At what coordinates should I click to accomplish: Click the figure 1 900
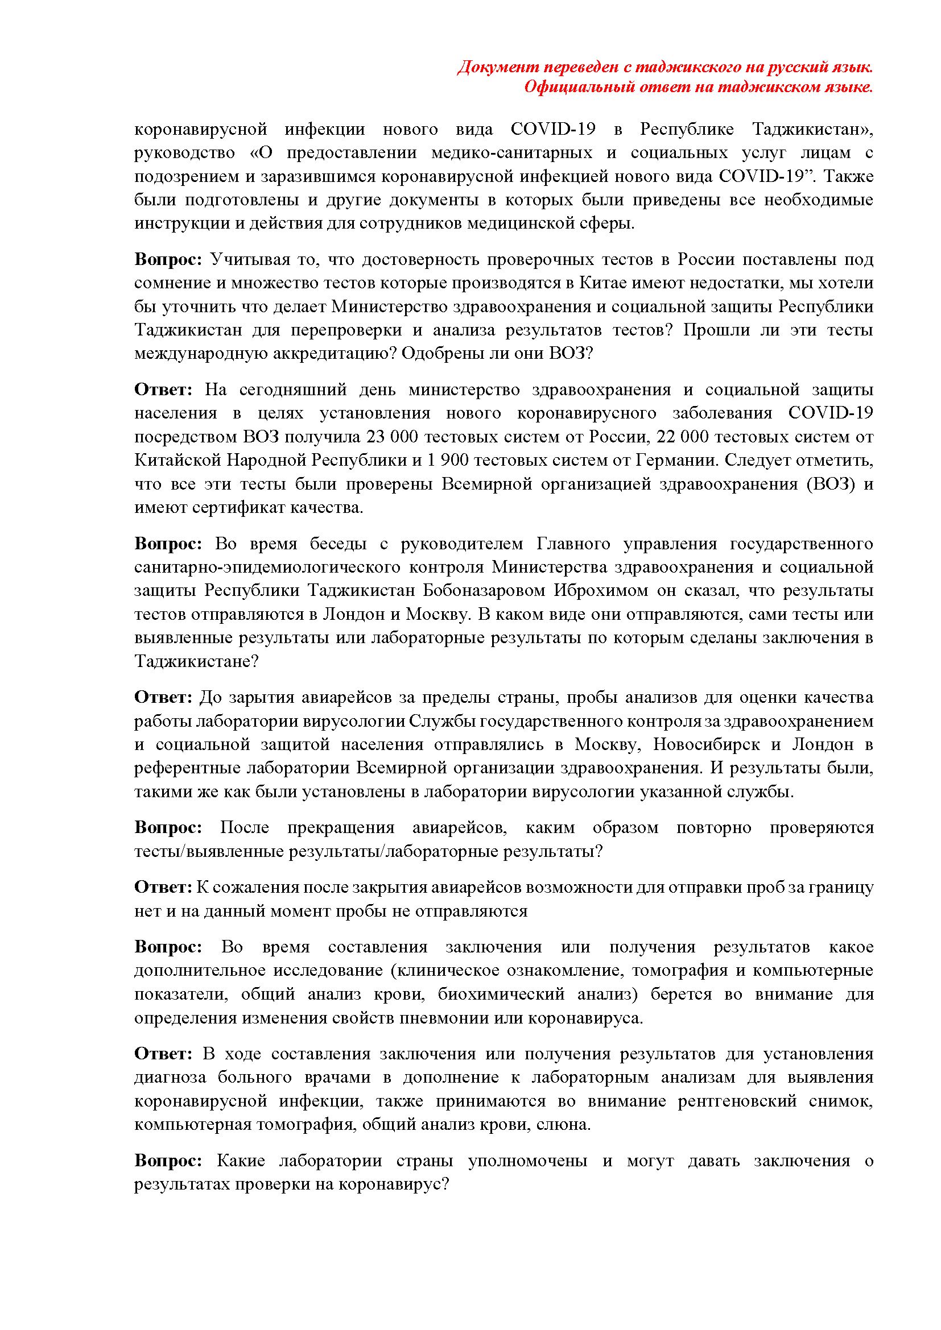450,461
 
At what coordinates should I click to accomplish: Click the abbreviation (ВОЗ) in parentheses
829,484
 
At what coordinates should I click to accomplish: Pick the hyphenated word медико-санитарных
511,153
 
